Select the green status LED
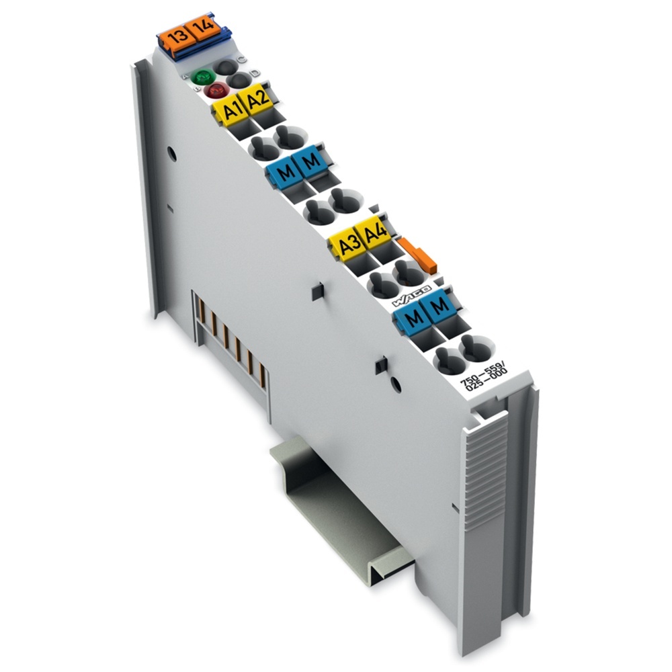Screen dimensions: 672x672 pos(200,78)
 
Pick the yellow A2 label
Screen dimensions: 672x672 pos(256,101)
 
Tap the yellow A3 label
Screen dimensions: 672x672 pos(348,246)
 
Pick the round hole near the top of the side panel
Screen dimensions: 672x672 pos(171,153)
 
